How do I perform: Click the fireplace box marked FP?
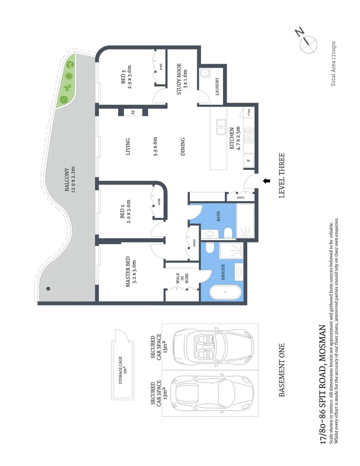coord(133,113)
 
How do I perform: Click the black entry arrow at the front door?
coord(266,181)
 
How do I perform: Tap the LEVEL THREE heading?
coord(281,175)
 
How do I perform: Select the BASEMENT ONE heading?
coord(281,370)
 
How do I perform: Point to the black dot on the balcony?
coord(48,288)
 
